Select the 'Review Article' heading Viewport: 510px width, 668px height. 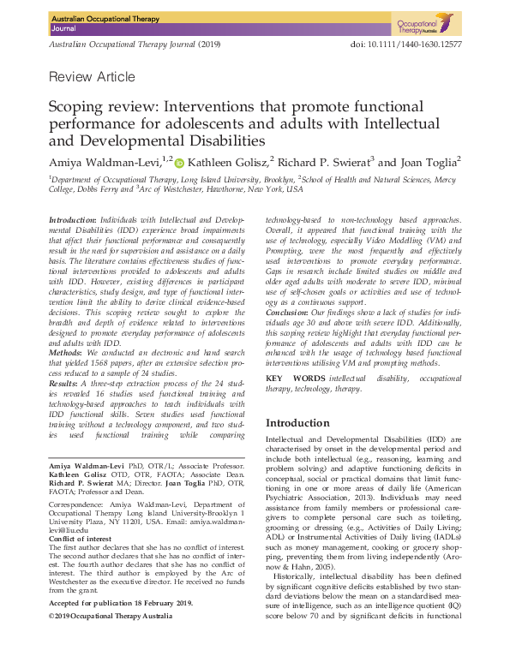click(x=92, y=78)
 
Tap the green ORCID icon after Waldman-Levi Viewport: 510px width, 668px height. click(x=180, y=163)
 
